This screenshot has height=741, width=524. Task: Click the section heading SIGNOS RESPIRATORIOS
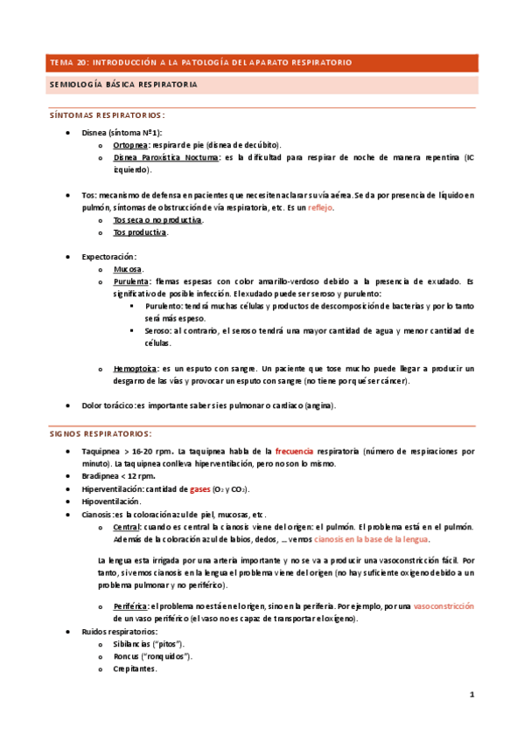[100, 433]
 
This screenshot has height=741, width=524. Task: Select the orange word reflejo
[320, 208]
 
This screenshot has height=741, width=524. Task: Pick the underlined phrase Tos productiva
[140, 233]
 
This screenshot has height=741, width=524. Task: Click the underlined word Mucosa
[128, 270]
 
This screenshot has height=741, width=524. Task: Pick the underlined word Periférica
[131, 606]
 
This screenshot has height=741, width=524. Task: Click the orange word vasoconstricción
[443, 606]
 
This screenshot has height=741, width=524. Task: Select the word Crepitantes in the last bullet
[135, 668]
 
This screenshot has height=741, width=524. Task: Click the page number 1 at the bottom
[472, 696]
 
